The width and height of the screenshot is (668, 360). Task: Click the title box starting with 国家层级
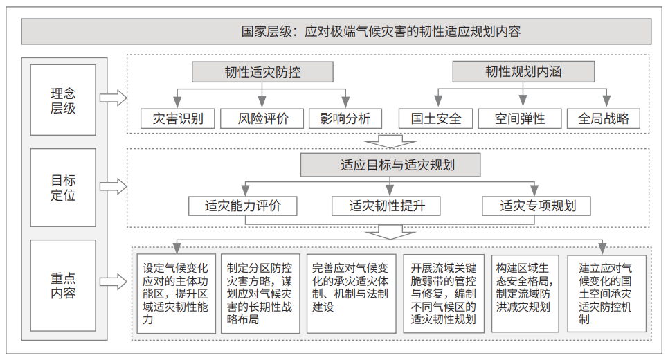point(336,32)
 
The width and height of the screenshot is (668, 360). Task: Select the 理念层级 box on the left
point(63,100)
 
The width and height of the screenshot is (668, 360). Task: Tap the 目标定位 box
point(63,188)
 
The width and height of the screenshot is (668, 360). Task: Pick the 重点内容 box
point(63,285)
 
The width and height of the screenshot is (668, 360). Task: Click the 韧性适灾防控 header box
point(262,72)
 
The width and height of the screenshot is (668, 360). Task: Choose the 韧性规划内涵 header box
point(523,71)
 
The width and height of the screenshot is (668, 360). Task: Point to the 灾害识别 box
point(178,118)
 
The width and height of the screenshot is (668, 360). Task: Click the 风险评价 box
point(262,118)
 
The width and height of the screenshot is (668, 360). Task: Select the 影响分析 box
point(345,118)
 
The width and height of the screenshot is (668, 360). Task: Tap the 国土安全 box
point(436,118)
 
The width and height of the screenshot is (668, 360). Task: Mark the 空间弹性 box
point(520,118)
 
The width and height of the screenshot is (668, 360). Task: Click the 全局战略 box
point(603,118)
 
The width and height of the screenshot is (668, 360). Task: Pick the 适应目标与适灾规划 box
point(390,165)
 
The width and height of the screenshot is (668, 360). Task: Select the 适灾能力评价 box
point(243,206)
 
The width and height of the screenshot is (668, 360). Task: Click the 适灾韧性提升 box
point(386,206)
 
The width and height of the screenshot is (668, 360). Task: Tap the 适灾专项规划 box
point(536,206)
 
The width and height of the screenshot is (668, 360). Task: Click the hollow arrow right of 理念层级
point(114,98)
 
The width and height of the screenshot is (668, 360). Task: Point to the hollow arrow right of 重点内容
point(114,282)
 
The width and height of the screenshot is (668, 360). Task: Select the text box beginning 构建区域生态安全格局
point(525,294)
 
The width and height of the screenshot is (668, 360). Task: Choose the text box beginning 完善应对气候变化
point(352,294)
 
